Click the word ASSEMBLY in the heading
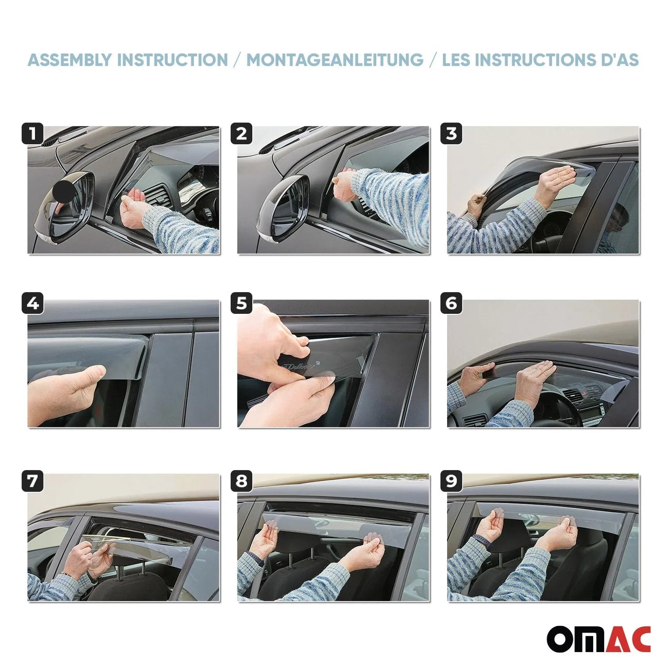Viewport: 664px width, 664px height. point(69,60)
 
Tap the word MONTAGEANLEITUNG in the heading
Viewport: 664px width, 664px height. point(335,60)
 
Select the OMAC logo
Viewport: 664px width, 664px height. point(598,639)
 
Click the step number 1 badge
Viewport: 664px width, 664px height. point(32,134)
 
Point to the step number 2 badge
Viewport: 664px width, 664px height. point(242,134)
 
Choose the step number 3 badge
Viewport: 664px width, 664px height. point(451,134)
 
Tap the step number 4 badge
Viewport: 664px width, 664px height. point(32,303)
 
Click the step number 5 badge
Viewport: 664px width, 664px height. point(242,303)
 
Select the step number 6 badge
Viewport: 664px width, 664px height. point(451,303)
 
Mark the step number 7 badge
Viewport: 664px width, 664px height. point(32,481)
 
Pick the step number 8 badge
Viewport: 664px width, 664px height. point(242,481)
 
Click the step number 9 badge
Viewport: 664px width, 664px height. point(451,481)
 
